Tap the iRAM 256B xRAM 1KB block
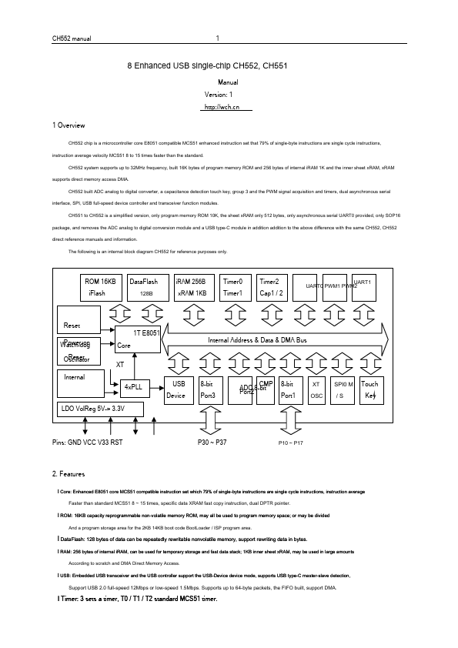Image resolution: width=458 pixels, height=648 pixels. pyautogui.click(x=190, y=288)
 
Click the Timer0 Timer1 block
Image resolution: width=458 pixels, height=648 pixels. pyautogui.click(x=233, y=288)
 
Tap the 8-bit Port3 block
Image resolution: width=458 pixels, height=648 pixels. pyautogui.click(x=210, y=389)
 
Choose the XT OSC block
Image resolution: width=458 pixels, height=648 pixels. pyautogui.click(x=316, y=389)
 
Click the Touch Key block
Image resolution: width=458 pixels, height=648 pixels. pyautogui.click(x=370, y=389)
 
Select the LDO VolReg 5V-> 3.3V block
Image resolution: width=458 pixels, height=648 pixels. pyautogui.click(x=99, y=409)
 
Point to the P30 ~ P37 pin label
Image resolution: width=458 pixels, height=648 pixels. pyautogui.click(x=212, y=443)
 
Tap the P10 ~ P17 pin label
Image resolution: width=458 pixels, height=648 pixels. pyautogui.click(x=291, y=443)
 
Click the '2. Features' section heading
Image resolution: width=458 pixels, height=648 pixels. pyautogui.click(x=68, y=473)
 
